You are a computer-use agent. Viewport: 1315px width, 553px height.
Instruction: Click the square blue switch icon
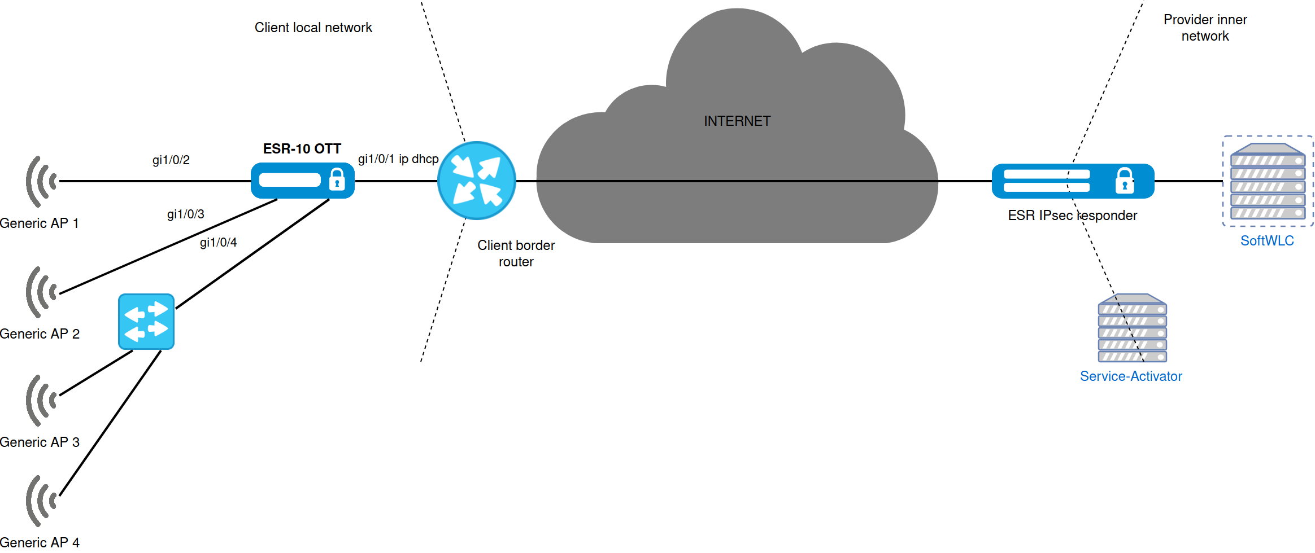coord(146,322)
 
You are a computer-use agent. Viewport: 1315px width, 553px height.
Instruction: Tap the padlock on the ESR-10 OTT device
coord(337,179)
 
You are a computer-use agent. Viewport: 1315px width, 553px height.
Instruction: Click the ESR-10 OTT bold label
coord(302,149)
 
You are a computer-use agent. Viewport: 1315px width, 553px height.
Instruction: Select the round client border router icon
coord(477,181)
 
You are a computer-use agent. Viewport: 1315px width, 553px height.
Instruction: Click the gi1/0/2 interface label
coord(171,160)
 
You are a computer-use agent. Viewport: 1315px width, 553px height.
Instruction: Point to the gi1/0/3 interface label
coord(186,214)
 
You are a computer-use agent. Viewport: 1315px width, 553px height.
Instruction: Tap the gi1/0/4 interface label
coord(219,243)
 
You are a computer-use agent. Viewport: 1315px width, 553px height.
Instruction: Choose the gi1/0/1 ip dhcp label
coord(398,159)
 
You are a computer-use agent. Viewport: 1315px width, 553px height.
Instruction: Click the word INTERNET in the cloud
coord(737,121)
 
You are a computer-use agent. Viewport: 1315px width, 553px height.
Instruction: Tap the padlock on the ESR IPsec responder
coord(1125,181)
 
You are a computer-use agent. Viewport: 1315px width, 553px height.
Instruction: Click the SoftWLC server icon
coord(1268,181)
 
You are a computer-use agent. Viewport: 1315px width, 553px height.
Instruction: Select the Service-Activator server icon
coord(1133,328)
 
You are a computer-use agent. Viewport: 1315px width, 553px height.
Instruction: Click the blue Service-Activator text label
coord(1131,376)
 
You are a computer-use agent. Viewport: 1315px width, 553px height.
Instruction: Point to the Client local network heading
coord(313,28)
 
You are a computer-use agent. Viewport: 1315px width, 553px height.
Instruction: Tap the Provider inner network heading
coord(1205,28)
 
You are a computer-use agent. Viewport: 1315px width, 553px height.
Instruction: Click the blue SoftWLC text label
coord(1267,241)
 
